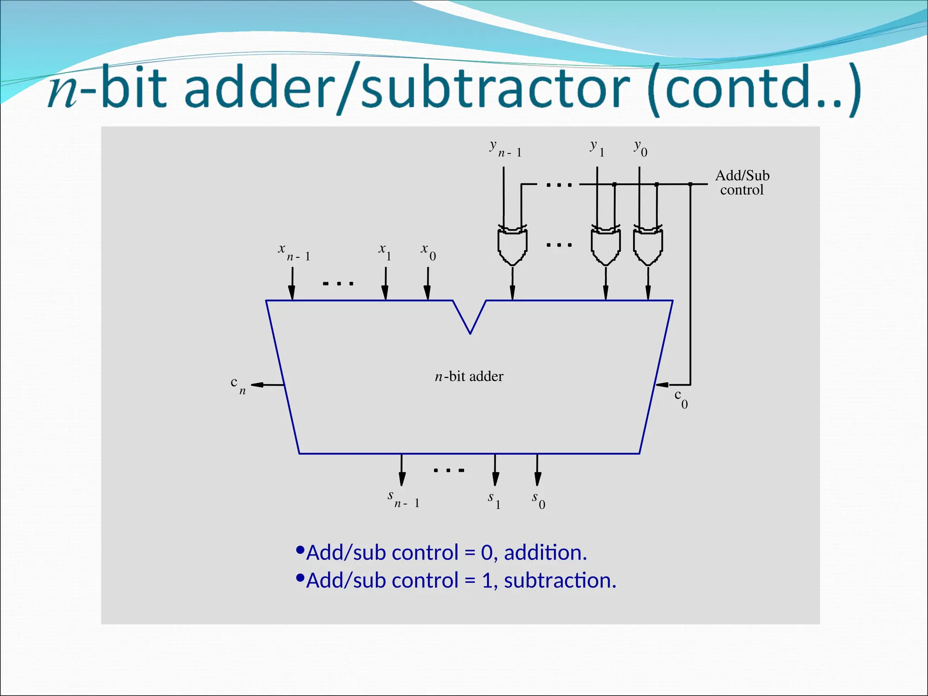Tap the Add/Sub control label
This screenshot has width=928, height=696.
tap(742, 183)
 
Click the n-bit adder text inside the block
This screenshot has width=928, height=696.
tap(469, 377)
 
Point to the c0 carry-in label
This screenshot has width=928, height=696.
tap(681, 399)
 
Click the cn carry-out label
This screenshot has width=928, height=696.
tap(238, 386)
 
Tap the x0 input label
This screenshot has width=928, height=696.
tap(428, 252)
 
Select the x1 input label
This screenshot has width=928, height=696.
tap(385, 252)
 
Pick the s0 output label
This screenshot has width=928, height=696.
tap(538, 500)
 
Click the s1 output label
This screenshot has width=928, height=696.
tap(494, 500)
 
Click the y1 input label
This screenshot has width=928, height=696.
tap(597, 148)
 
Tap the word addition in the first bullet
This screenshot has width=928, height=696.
tap(545, 553)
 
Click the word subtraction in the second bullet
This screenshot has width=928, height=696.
tap(560, 581)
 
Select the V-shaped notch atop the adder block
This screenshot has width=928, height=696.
tap(470, 316)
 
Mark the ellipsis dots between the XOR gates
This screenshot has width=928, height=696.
tap(559, 245)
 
